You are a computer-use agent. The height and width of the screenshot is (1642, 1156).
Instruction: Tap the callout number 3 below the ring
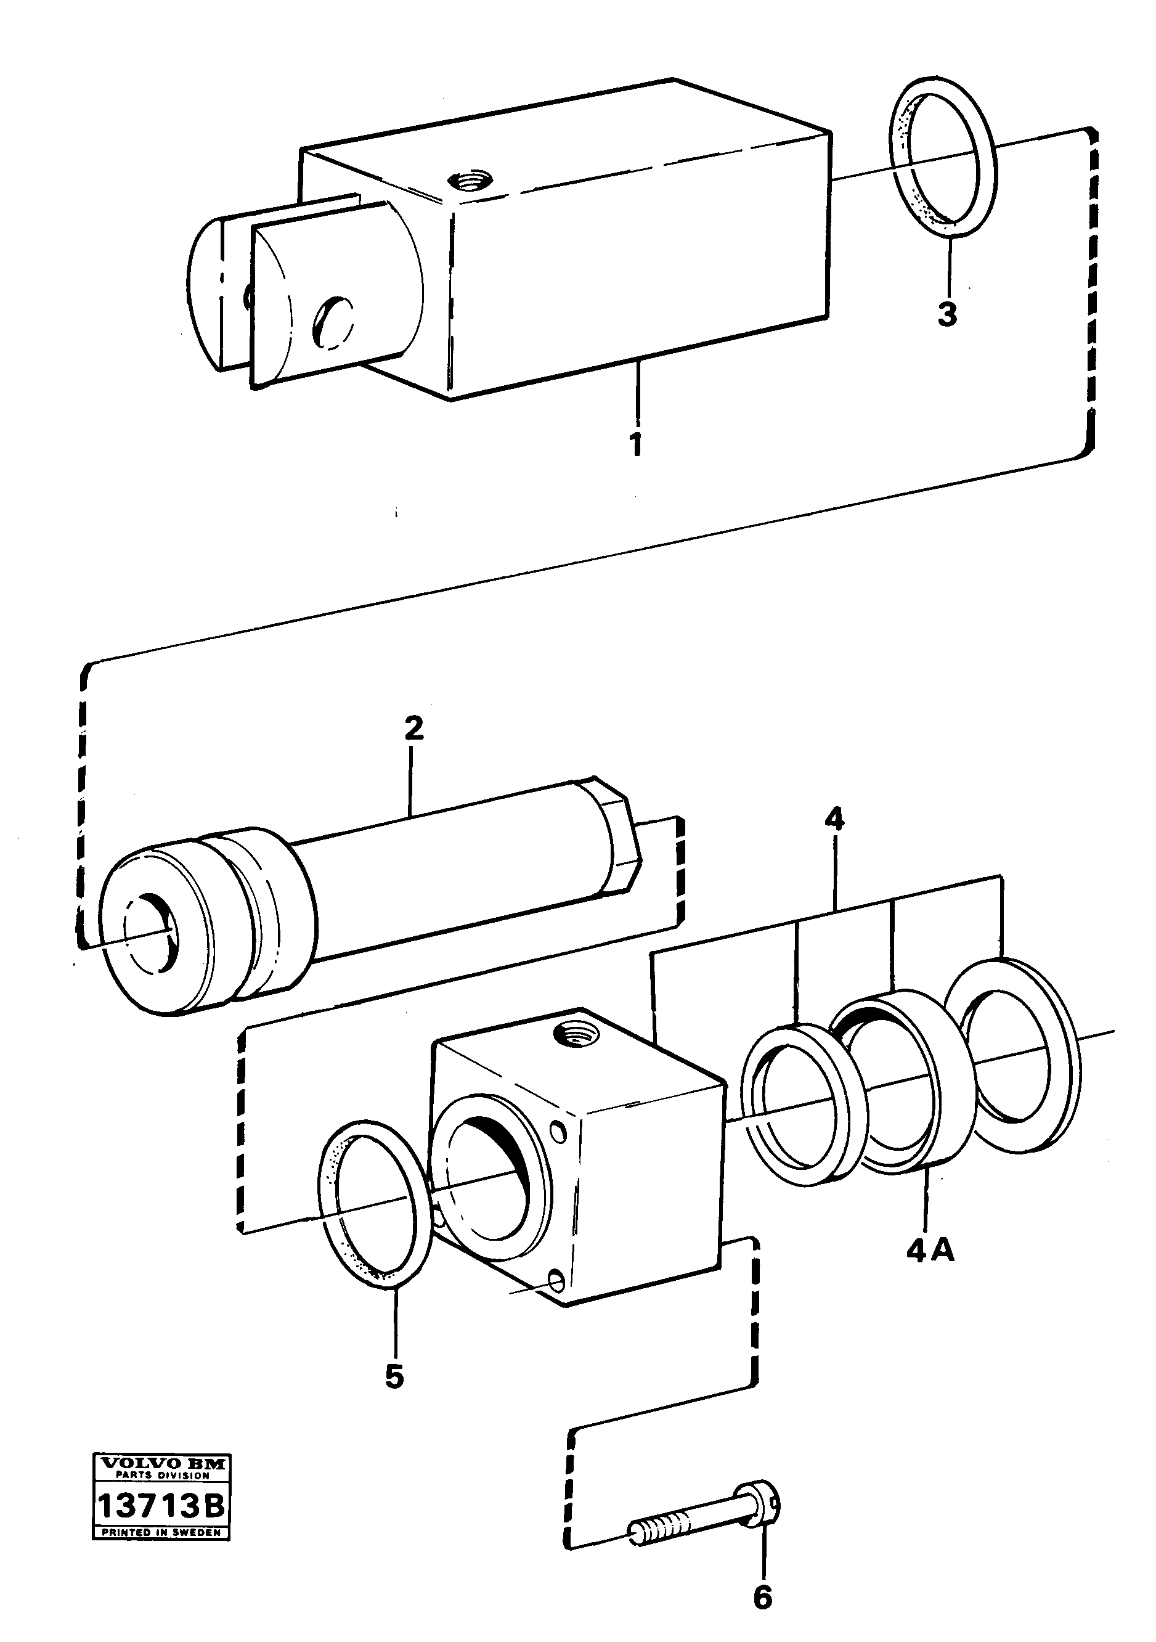point(947,314)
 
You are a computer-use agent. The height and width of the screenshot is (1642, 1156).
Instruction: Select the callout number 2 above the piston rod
point(413,728)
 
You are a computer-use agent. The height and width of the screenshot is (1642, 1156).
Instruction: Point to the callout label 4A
point(930,1251)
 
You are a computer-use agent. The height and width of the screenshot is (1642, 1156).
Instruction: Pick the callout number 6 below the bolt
point(763,1596)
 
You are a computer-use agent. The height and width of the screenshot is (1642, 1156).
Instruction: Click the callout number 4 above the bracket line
point(834,818)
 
